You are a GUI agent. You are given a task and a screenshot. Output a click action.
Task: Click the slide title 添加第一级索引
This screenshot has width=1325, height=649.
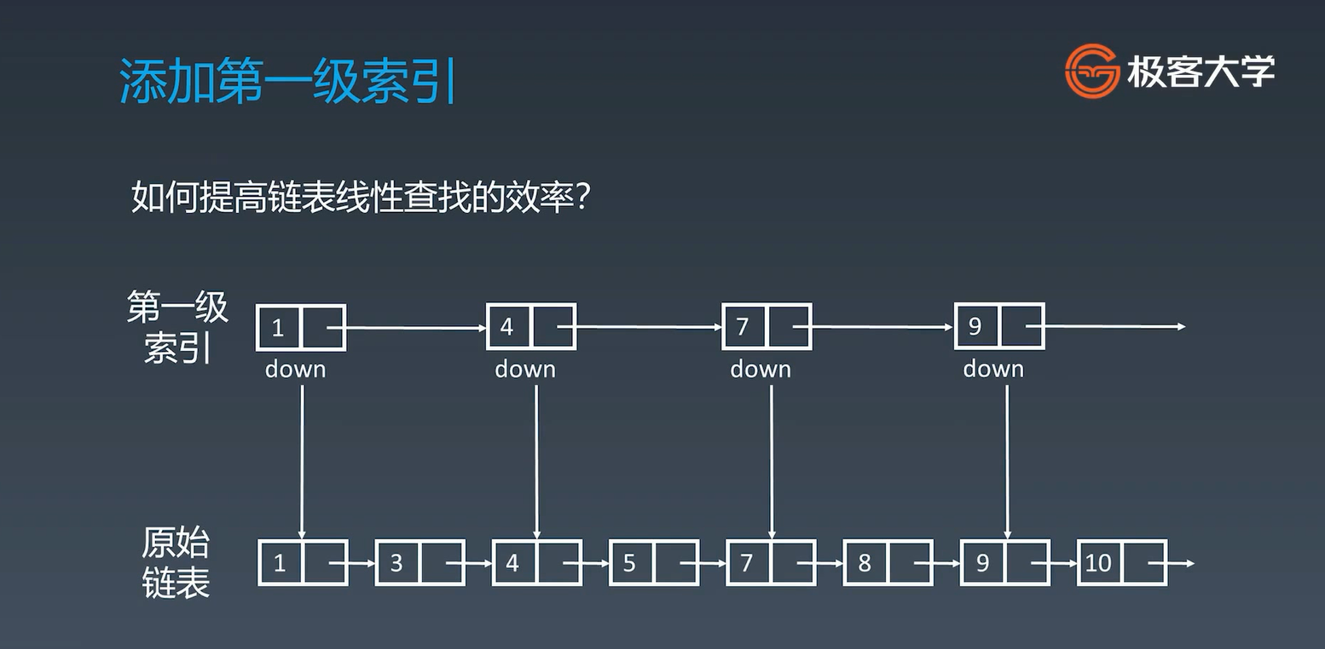288,82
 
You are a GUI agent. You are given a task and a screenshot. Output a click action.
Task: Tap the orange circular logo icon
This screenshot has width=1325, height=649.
1091,72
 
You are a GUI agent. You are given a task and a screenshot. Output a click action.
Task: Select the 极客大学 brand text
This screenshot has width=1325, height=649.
1201,72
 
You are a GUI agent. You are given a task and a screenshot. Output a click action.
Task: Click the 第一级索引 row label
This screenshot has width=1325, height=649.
177,327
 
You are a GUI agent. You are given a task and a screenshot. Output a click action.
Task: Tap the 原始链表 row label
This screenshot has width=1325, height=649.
176,562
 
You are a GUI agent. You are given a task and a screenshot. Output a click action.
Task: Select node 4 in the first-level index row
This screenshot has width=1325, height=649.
530,327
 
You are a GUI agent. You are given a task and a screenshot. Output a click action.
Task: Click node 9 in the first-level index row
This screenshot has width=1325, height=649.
998,327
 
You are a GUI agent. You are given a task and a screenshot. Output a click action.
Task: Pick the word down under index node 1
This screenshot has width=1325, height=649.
295,369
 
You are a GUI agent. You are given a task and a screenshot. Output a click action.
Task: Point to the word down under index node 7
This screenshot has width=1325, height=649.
761,369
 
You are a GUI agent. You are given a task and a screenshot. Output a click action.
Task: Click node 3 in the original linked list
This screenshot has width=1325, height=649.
419,563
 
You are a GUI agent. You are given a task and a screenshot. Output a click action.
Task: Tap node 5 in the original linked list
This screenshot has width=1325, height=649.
653,563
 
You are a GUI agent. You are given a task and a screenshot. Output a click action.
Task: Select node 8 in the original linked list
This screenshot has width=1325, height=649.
888,563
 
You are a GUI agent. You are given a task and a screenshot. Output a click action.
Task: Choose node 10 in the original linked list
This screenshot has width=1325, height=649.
1121,563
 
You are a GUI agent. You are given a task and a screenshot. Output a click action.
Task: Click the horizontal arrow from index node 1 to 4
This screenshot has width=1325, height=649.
415,327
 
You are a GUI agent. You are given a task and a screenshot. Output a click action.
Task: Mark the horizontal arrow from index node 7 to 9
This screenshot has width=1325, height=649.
882,327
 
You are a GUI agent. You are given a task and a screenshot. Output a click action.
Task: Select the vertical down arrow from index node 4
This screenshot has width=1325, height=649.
536,460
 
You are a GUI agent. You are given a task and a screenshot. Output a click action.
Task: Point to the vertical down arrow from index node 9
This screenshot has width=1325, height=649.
1007,460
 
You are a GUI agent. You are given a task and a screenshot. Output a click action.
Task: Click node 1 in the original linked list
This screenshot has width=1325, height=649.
303,563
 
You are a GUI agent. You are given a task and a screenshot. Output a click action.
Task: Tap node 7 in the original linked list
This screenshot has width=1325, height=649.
771,563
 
